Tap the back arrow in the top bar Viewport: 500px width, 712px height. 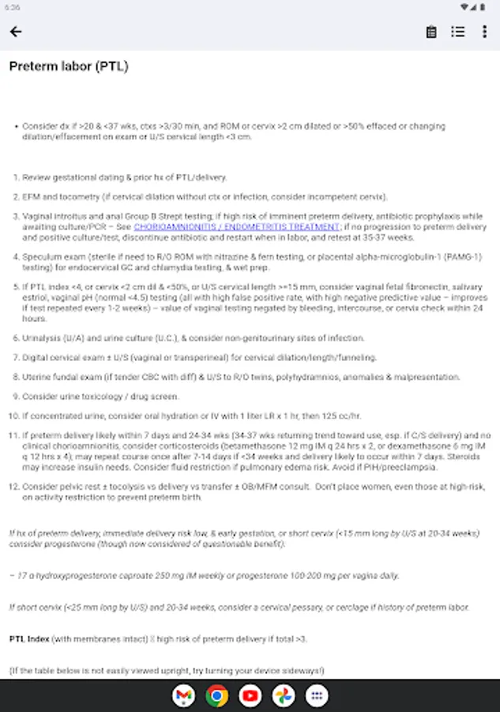click(16, 32)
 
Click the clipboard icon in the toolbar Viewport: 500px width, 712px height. click(431, 32)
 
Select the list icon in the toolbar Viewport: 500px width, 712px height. click(458, 32)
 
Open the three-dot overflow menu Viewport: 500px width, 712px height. click(484, 32)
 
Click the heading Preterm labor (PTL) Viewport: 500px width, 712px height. click(69, 66)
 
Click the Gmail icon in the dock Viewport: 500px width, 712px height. click(183, 696)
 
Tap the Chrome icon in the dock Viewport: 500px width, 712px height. click(216, 696)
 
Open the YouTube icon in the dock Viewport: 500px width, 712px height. click(250, 696)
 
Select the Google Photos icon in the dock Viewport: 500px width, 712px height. click(284, 696)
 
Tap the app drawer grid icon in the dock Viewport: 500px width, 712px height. click(317, 696)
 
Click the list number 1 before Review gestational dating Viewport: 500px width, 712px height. click(15, 177)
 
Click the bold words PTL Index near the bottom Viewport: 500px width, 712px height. click(28, 638)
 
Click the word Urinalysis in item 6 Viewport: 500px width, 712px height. click(39, 338)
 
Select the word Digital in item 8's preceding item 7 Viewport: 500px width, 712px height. click(33, 358)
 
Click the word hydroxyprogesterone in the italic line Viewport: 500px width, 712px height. click(64, 575)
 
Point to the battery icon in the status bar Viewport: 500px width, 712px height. click(484, 7)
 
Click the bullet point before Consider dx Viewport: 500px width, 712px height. click(15, 126)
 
